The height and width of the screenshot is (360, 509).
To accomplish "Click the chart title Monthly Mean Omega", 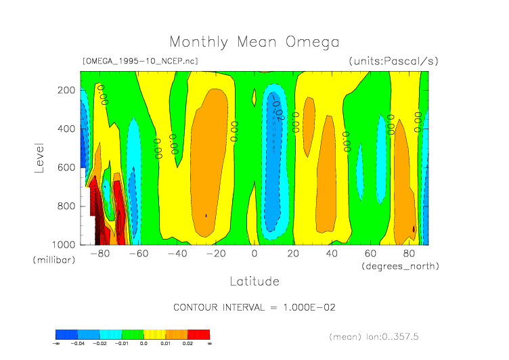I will click(254, 43).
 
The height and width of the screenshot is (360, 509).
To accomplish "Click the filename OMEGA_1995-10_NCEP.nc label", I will click(140, 61).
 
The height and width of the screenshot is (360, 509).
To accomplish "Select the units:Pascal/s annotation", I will click(393, 61).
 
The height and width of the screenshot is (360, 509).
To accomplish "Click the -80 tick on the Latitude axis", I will click(100, 254).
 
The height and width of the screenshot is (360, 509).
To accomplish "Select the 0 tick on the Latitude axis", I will click(255, 254).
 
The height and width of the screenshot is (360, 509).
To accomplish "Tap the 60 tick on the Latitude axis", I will click(370, 254).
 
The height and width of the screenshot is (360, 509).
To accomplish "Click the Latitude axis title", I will click(255, 281).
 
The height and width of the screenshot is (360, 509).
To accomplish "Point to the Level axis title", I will click(39, 156).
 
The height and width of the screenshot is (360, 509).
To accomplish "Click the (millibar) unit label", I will click(53, 261).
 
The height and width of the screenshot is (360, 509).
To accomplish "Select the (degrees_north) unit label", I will click(399, 266).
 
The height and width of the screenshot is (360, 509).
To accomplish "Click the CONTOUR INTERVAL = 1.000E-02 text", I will click(255, 307).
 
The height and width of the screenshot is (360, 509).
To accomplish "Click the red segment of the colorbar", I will click(198, 334).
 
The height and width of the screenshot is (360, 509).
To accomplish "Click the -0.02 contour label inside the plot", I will click(276, 108).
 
